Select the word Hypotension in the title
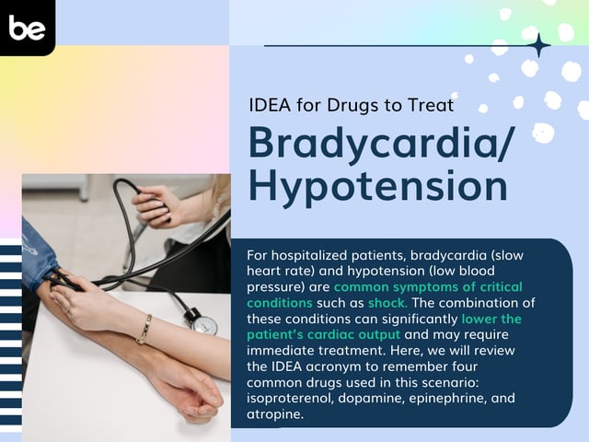[378, 185]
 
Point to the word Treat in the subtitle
[430, 104]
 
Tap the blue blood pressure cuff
[37, 250]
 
